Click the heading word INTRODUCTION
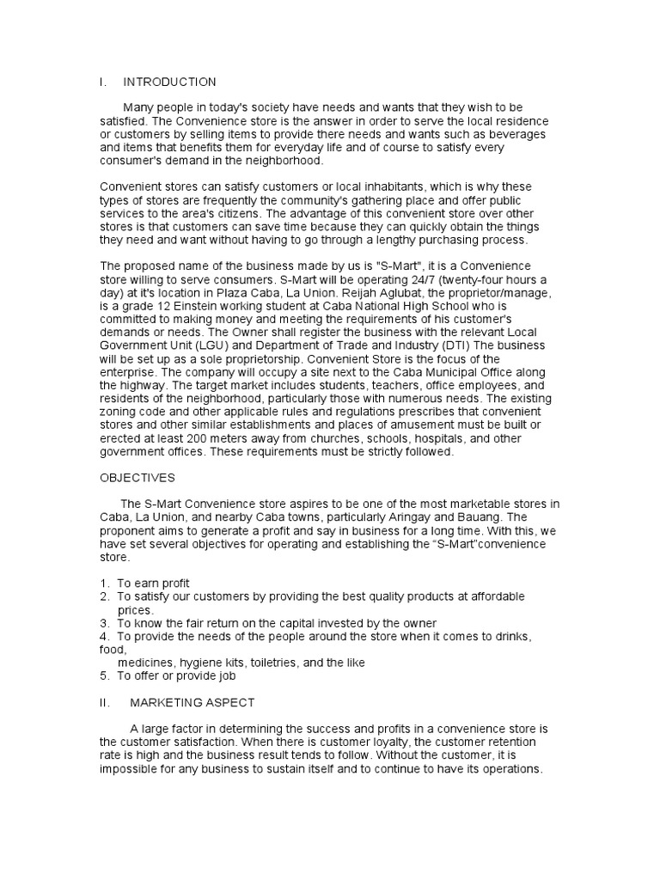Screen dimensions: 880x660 point(169,82)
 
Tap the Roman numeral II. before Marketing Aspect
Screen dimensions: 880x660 point(104,703)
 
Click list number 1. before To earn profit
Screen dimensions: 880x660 point(104,584)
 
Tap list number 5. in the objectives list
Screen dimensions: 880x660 point(104,676)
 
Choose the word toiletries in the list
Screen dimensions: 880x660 point(264,663)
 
